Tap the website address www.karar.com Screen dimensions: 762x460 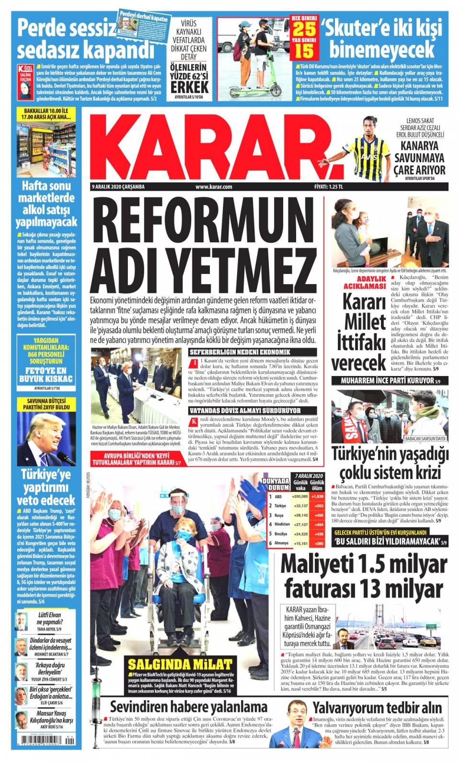click(x=214, y=187)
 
